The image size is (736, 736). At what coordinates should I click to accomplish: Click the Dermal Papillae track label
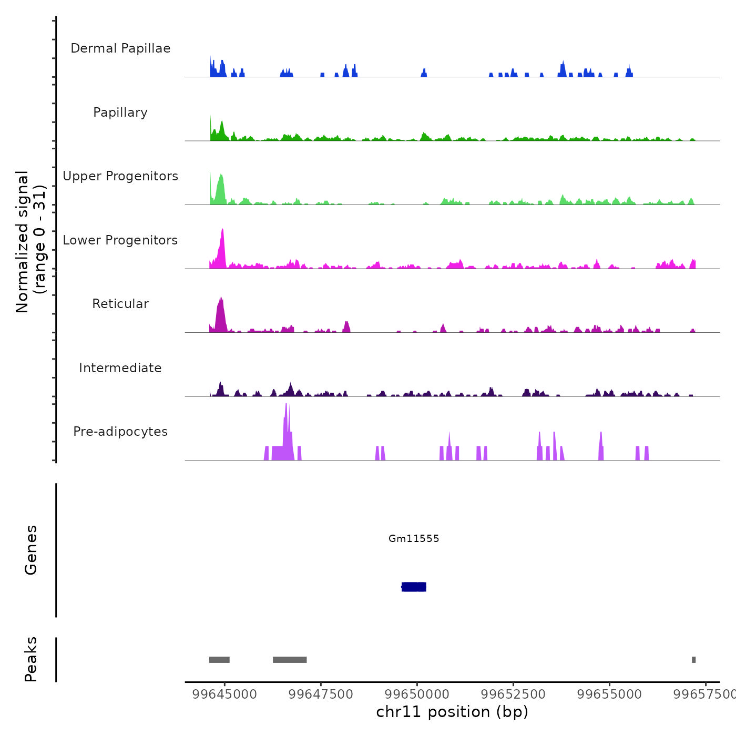(120, 48)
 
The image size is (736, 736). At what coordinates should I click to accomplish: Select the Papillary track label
(120, 113)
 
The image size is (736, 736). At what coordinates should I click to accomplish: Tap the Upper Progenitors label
(120, 176)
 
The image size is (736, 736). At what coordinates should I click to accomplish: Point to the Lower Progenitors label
(120, 240)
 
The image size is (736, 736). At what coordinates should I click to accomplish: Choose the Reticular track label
(120, 304)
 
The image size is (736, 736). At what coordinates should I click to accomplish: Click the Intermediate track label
(120, 368)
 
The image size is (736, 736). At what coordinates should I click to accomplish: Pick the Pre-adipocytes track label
(120, 432)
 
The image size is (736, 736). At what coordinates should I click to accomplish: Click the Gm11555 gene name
(414, 538)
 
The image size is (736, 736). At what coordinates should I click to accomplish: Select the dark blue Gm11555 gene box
(414, 587)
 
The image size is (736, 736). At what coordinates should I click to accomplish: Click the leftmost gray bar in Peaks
(219, 660)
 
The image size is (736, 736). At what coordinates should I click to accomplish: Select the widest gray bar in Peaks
(290, 660)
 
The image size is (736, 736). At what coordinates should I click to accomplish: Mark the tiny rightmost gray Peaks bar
(693, 660)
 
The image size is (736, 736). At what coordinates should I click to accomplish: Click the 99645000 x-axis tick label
(224, 694)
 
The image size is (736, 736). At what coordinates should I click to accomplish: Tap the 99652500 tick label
(513, 694)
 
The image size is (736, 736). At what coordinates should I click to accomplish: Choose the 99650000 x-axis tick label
(417, 694)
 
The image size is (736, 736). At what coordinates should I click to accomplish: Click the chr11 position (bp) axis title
(452, 712)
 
